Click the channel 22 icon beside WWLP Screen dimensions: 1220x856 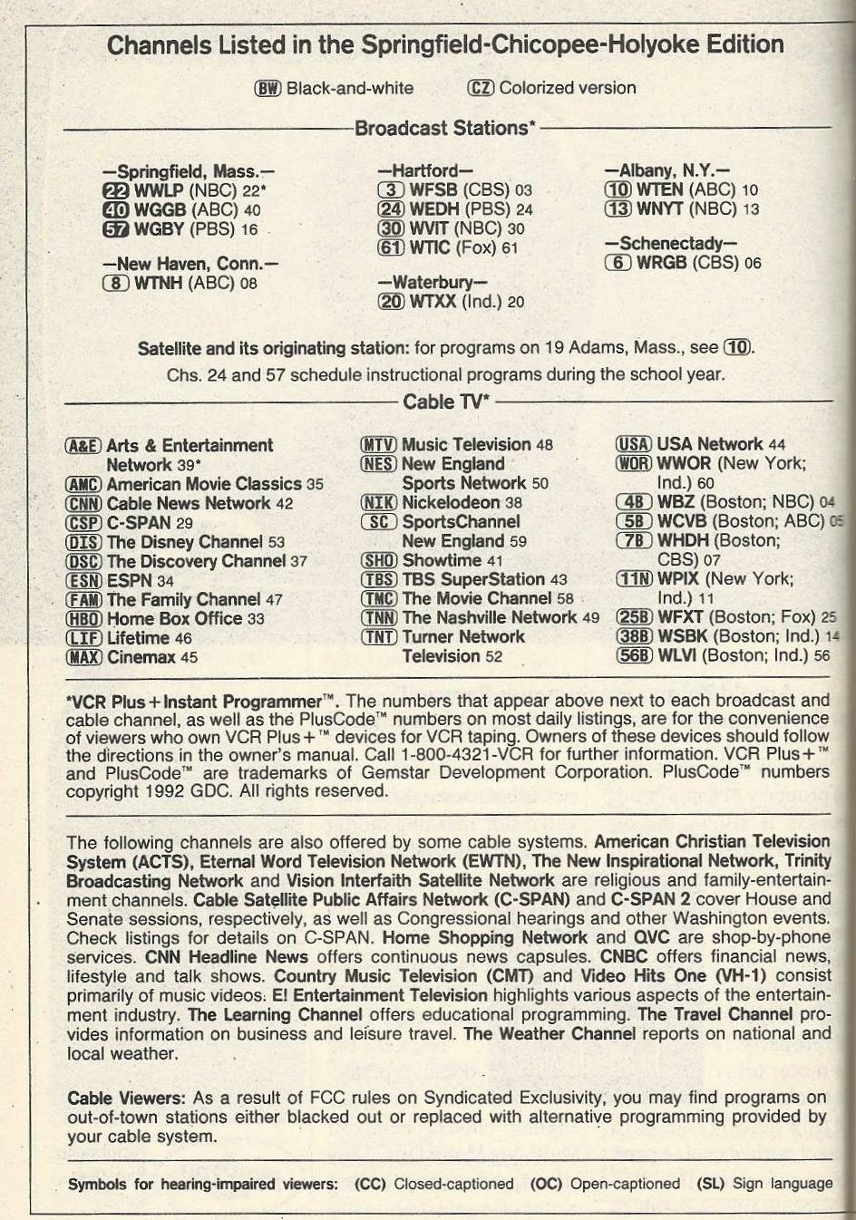click(116, 191)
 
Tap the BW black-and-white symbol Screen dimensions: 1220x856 click(267, 88)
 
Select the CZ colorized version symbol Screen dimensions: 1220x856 click(481, 88)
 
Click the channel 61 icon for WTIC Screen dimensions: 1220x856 click(391, 247)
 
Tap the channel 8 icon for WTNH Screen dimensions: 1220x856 click(117, 283)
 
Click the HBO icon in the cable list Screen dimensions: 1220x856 click(83, 619)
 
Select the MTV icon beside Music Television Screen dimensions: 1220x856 click(378, 445)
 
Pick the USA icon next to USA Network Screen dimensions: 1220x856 click(633, 444)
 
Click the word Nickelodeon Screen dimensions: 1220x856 click(451, 502)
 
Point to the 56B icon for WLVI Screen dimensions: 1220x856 click(633, 656)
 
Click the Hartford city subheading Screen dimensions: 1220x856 click(425, 170)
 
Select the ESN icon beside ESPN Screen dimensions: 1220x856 click(83, 581)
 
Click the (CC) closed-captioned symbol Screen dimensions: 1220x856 click(370, 1184)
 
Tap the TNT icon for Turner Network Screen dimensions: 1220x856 click(379, 637)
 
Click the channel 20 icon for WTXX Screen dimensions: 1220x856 click(391, 302)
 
